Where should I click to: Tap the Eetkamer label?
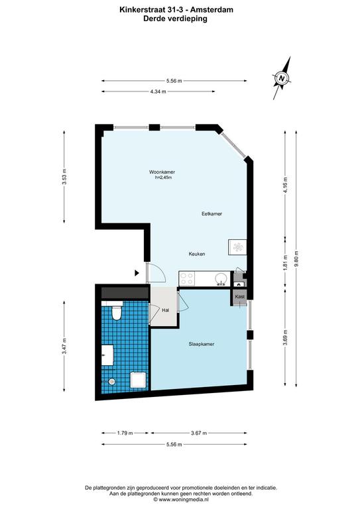point(211,214)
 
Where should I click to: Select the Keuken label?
point(197,254)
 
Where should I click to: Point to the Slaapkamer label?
point(202,344)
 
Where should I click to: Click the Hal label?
point(165,310)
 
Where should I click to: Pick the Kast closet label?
point(240,297)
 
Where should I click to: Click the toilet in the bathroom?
point(116,312)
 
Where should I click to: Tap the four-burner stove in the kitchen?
point(187,279)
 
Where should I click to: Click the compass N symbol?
point(282,78)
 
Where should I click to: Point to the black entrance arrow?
point(137,273)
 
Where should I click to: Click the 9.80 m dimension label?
point(296,259)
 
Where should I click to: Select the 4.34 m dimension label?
point(158,92)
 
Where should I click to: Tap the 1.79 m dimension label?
point(125,433)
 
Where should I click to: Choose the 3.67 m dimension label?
point(199,433)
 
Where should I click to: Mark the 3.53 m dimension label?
point(64,177)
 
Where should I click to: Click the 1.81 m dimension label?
point(285,262)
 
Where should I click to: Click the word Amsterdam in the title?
point(215,10)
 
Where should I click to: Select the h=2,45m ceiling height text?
point(163,178)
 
